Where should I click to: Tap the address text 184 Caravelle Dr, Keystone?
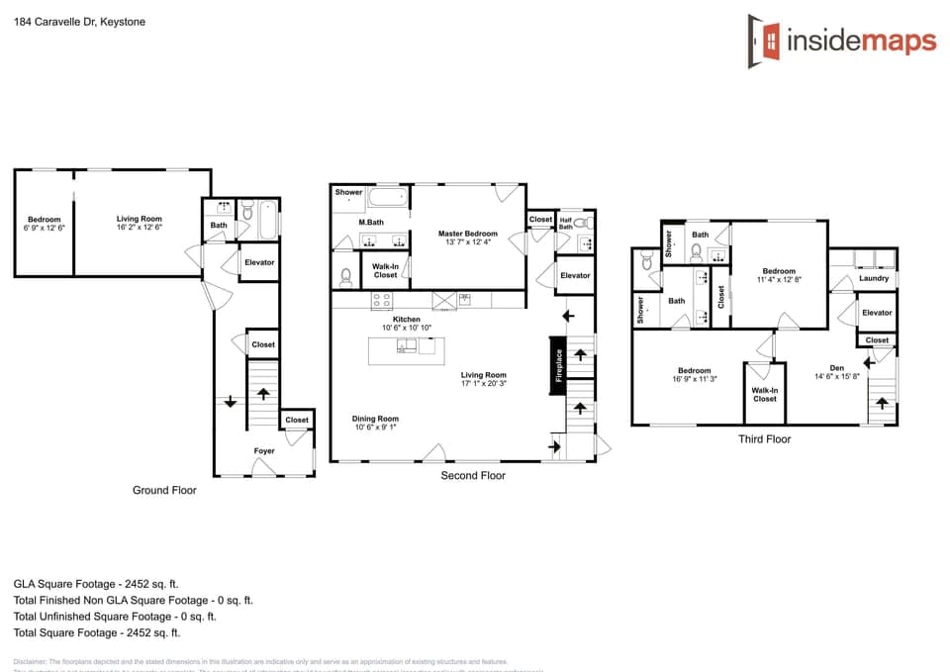point(79,21)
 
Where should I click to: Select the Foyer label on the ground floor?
point(264,451)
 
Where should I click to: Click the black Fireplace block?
point(558,366)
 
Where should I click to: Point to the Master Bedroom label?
point(467,234)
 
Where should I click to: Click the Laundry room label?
point(874,279)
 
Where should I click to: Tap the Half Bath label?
point(566,224)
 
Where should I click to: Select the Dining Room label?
point(375,419)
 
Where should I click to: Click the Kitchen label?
point(407,320)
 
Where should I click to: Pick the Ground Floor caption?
point(164,490)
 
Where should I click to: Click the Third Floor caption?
point(764,439)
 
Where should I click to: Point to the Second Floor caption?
point(472,476)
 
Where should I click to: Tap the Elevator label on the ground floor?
point(259,262)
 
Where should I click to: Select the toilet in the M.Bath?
point(345,276)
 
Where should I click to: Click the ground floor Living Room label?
point(140,219)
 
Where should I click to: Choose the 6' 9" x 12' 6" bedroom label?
point(44,228)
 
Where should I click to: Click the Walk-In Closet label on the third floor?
point(764,395)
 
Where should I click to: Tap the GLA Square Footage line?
point(96,584)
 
